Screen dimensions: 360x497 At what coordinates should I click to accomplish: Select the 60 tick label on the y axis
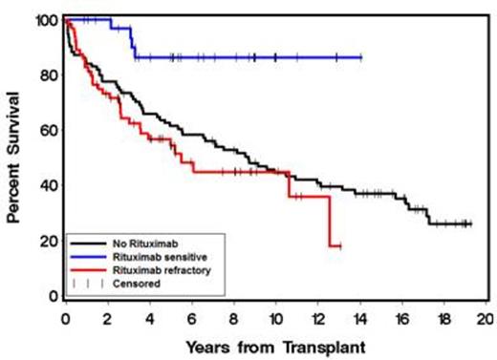click(47, 130)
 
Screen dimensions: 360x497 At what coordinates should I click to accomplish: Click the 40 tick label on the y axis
click(47, 185)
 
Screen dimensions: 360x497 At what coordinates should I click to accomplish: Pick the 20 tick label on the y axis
click(47, 241)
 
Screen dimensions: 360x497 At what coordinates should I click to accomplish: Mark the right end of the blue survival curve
click(361, 57)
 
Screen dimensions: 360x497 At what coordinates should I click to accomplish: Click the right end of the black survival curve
click(471, 223)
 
